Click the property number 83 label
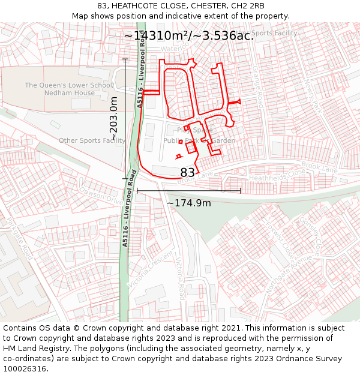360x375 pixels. (x=188, y=173)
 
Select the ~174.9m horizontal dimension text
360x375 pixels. (x=188, y=203)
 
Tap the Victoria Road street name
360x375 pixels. (x=179, y=279)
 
